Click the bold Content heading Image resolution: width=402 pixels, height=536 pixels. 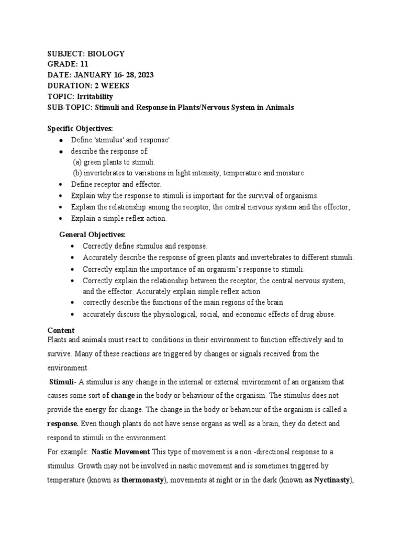(x=61, y=330)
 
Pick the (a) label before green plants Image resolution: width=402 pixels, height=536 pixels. (x=77, y=162)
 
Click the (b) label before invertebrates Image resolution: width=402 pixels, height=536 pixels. (x=77, y=173)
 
